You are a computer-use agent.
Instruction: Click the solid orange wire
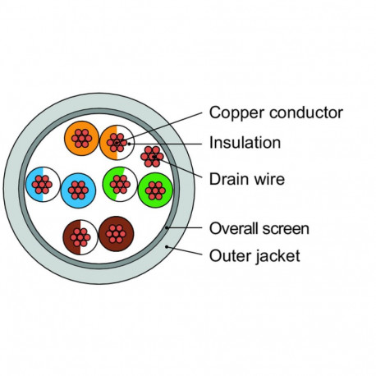pos(81,138)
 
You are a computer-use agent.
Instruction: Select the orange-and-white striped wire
pos(117,142)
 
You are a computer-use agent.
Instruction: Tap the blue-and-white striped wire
pos(43,184)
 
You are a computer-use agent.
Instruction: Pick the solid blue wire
pos(78,190)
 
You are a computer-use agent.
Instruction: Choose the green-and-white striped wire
pos(120,184)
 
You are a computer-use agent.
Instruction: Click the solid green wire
pos(155,190)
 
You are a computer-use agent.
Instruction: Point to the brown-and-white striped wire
pos(80,237)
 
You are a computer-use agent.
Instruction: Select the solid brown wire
pos(116,234)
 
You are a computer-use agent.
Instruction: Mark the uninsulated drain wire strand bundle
pos(152,157)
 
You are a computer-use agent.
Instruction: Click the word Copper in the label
pos(236,113)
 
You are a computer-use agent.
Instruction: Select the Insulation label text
pos(245,143)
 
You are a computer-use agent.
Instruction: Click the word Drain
pos(230,179)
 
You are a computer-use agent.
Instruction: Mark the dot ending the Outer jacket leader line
pos(167,247)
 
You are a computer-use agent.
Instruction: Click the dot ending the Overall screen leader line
pos(167,227)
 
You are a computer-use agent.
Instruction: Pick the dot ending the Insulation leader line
pos(129,143)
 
